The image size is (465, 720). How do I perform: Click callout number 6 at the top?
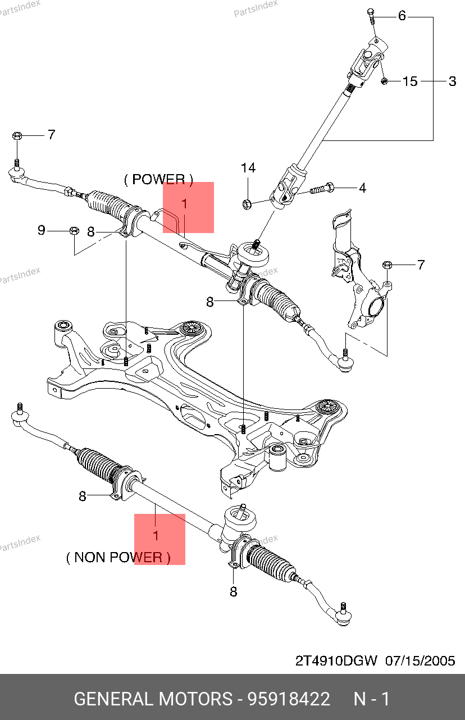[x=402, y=16]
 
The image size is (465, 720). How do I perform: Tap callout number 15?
[x=411, y=81]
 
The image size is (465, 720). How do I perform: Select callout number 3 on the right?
[x=452, y=81]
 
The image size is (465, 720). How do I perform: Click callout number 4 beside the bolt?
[x=362, y=188]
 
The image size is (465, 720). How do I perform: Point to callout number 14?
[x=248, y=168]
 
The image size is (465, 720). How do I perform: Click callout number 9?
[x=41, y=230]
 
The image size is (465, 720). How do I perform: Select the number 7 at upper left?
[x=51, y=135]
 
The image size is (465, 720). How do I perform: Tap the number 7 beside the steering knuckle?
[x=421, y=265]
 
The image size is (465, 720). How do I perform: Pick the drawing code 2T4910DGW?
[x=336, y=660]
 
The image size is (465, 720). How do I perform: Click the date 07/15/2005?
[x=420, y=660]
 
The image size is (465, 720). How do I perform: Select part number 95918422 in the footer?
[x=289, y=699]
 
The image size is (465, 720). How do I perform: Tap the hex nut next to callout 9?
[x=74, y=230]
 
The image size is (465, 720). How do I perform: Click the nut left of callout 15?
[x=385, y=82]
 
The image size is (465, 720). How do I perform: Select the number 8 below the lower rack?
[x=234, y=591]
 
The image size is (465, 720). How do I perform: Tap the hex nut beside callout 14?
[x=246, y=202]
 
